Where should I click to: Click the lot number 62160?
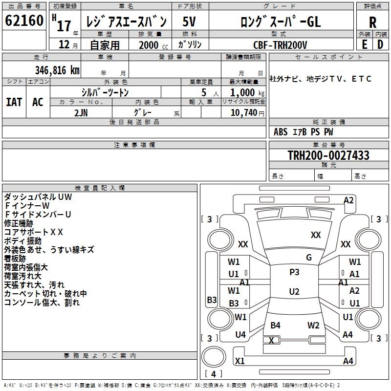pos(24,20)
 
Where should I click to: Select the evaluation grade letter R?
pos(372,22)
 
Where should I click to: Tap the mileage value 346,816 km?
pos(57,70)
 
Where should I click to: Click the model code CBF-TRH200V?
pos(280,45)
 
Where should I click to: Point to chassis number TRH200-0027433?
pos(328,155)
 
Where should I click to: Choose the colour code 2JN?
pos(81,113)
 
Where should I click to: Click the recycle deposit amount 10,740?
pos(244,112)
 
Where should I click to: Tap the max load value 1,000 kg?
pos(247,92)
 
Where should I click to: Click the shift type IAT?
pos(14,102)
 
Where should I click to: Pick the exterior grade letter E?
pos(364,44)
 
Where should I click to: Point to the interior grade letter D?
pos(380,44)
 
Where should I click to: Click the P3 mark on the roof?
pos(294,272)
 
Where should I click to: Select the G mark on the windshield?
pos(309,258)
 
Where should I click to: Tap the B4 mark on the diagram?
pos(275,325)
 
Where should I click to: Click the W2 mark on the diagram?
pos(313,325)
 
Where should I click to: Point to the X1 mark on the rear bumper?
pos(239,361)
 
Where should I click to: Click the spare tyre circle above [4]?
pos(214,357)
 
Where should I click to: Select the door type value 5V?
pos(189,22)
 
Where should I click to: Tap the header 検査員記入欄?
pos(100,188)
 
